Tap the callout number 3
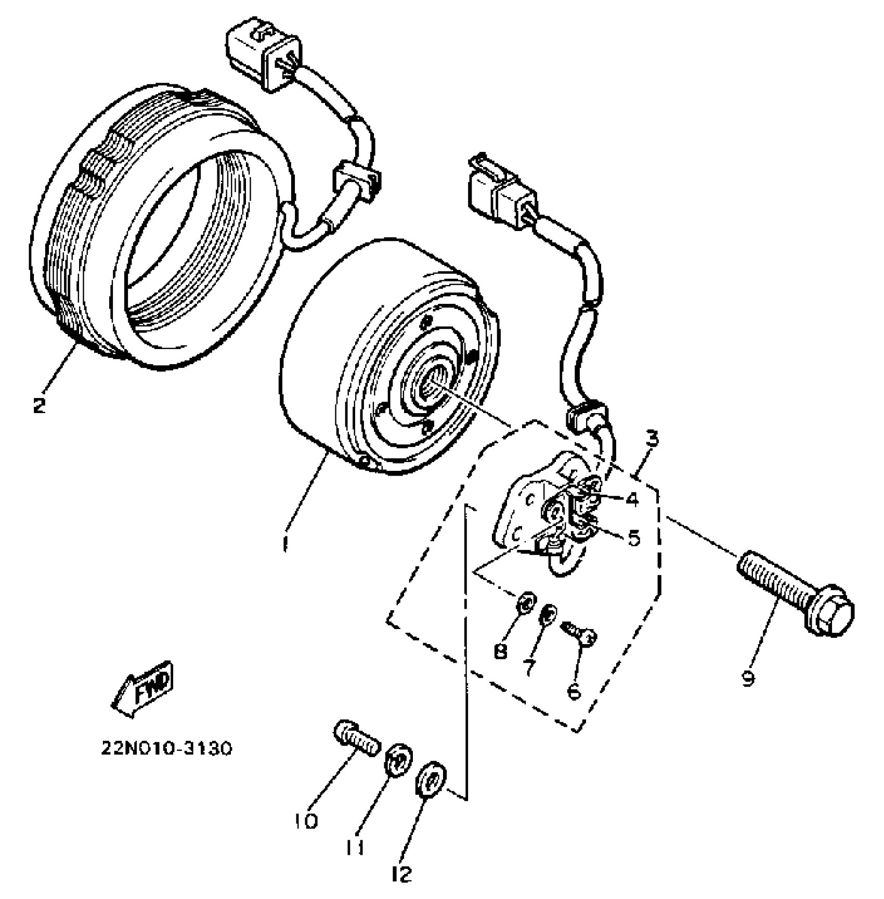pyautogui.click(x=652, y=438)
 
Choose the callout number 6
pyautogui.click(x=574, y=692)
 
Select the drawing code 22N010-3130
pyautogui.click(x=166, y=749)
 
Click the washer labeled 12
pyautogui.click(x=431, y=779)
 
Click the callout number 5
pyautogui.click(x=634, y=538)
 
